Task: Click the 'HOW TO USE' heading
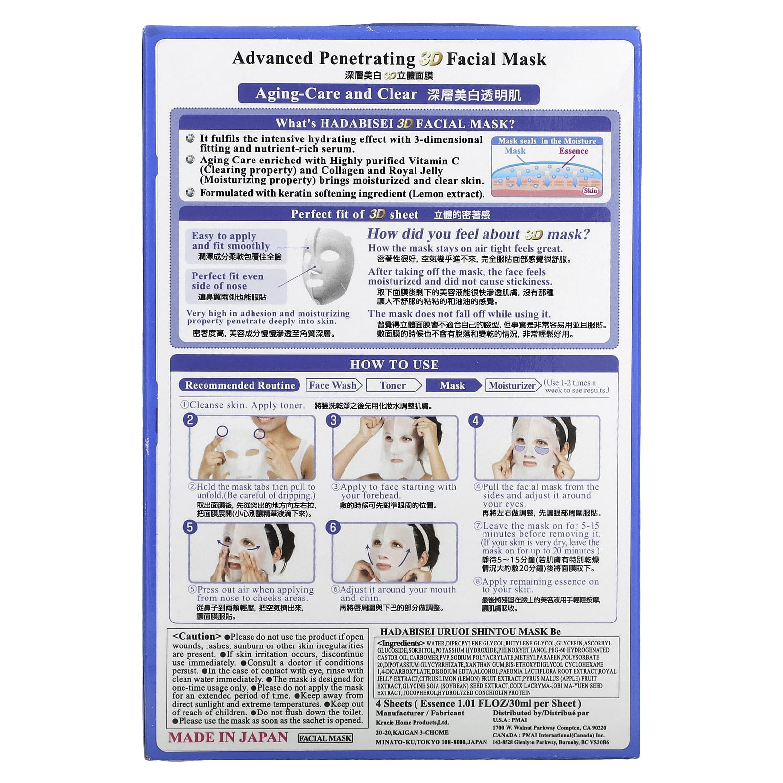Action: [x=394, y=365]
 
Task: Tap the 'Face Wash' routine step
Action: [x=333, y=385]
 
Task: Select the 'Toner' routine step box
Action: [x=392, y=385]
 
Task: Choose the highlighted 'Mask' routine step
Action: [x=452, y=385]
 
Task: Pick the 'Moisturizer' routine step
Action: [x=512, y=385]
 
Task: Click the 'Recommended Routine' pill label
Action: [x=240, y=385]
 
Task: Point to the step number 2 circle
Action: [x=190, y=420]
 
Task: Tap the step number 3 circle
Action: [x=334, y=420]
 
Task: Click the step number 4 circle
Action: [x=476, y=420]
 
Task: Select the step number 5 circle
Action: [x=190, y=527]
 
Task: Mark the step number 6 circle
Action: [x=334, y=527]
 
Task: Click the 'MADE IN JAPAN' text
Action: [x=228, y=737]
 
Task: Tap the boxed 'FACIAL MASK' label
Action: [x=325, y=738]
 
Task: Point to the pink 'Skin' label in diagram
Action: [x=590, y=190]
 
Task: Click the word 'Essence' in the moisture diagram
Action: [x=574, y=151]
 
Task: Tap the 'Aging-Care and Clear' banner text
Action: [x=336, y=94]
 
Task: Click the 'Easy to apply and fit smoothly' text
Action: [x=230, y=241]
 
